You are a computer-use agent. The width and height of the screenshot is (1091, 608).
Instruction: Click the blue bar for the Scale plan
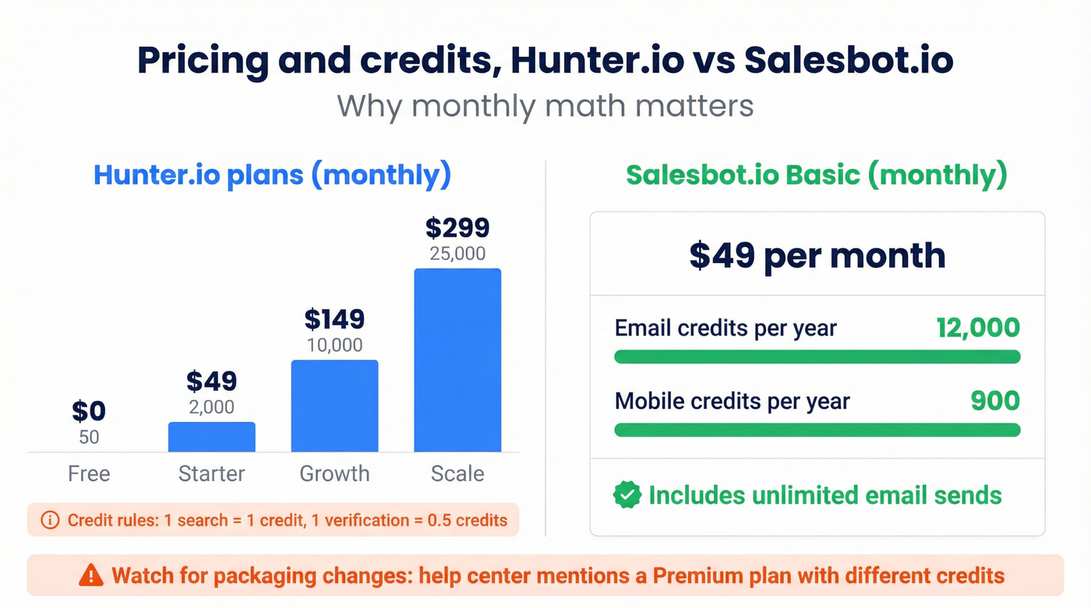[x=457, y=360]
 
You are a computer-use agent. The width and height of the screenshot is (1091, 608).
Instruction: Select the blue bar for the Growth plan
[x=334, y=406]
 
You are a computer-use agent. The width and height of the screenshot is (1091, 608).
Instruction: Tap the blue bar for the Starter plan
[x=211, y=437]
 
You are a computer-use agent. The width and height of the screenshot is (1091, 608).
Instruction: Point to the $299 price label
[x=457, y=228]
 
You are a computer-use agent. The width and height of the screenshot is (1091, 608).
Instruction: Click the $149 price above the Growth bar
[x=334, y=319]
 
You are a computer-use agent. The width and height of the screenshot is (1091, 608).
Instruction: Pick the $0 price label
[x=89, y=411]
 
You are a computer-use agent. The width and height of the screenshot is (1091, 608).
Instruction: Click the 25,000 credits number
[x=457, y=254]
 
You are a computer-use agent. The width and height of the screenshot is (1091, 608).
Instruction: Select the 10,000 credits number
[x=334, y=345]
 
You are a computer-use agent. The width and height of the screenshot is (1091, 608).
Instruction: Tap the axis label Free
[x=89, y=473]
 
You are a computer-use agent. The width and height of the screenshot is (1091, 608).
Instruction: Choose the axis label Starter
[x=211, y=473]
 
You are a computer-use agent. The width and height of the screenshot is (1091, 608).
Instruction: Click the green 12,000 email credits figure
[x=978, y=328]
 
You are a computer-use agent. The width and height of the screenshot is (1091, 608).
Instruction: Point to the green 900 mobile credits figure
[x=995, y=401]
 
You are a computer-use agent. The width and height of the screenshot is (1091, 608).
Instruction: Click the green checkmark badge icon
[x=627, y=495]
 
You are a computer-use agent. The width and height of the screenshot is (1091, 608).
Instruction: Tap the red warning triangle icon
[x=91, y=576]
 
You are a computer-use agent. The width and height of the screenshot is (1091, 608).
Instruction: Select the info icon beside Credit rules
[x=49, y=520]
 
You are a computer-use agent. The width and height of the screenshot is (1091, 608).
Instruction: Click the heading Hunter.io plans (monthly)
[x=272, y=174]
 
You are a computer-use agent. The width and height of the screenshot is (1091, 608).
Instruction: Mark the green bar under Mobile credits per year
[x=817, y=430]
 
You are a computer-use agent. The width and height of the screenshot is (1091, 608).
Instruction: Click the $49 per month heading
[x=817, y=255]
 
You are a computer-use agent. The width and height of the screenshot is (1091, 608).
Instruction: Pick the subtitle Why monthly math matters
[x=545, y=104]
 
